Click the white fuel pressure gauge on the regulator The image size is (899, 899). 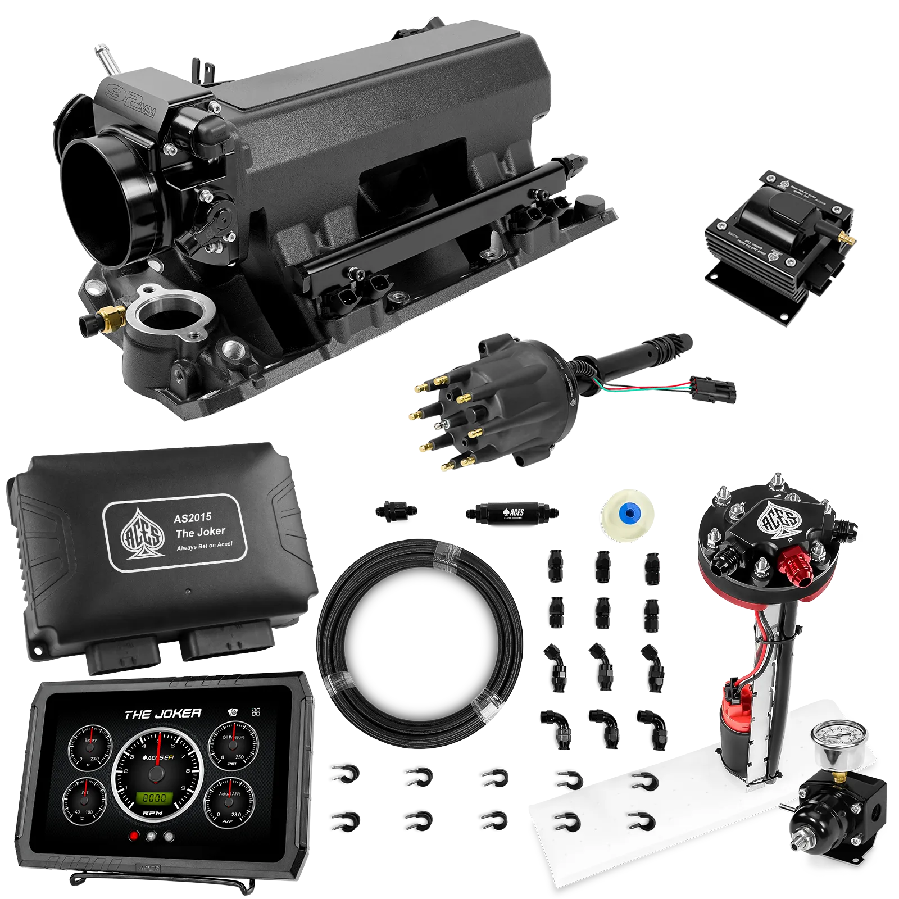click(x=838, y=739)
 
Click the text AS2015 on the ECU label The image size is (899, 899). click(x=192, y=517)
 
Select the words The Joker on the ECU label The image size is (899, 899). click(x=200, y=532)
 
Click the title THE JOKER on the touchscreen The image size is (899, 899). click(x=162, y=714)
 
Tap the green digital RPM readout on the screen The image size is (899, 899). click(x=154, y=798)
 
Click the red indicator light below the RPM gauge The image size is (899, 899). click(x=134, y=836)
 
